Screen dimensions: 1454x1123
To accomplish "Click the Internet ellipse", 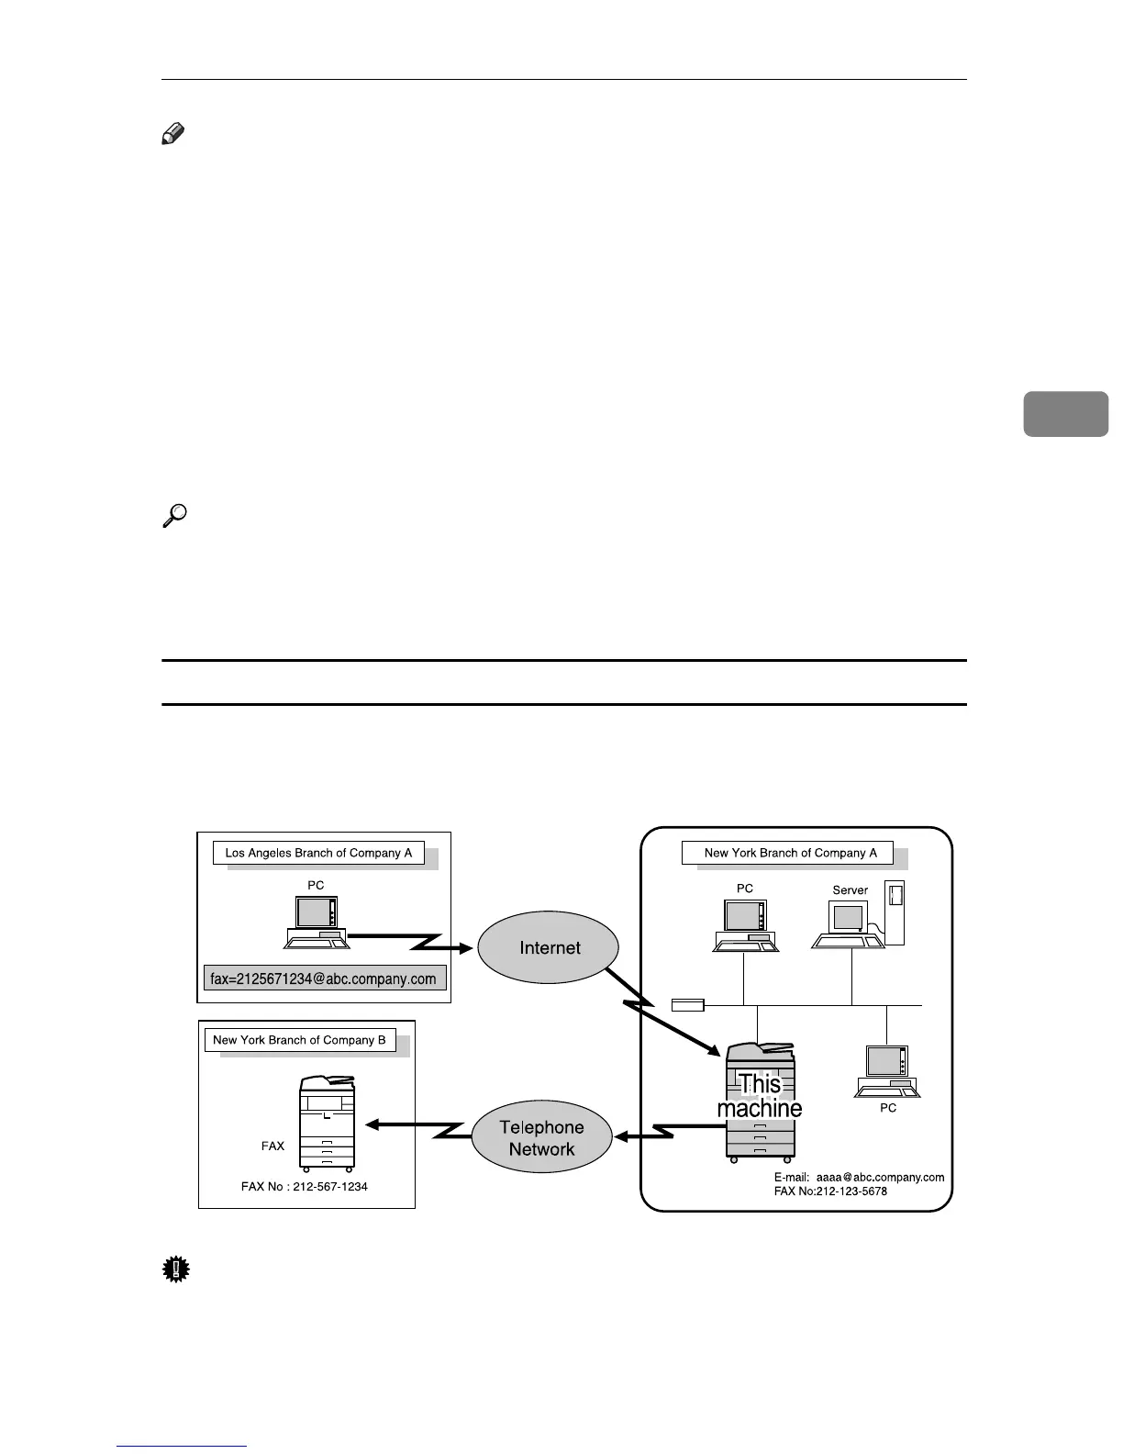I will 550,948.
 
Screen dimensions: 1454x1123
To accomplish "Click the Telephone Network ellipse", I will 541,1138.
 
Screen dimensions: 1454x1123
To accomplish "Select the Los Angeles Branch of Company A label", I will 318,853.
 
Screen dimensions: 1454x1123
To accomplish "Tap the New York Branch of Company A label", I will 790,853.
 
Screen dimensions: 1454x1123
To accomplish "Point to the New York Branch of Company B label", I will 299,1040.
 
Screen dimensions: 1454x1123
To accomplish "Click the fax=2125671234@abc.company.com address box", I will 324,979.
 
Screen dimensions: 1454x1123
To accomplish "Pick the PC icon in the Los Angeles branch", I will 316,922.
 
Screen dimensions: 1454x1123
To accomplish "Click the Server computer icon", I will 858,918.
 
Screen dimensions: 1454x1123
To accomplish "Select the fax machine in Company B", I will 327,1122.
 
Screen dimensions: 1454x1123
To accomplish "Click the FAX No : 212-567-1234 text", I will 305,1187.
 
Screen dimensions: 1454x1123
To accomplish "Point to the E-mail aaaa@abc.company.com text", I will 859,1177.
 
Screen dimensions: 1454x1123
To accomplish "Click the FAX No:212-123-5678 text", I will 830,1191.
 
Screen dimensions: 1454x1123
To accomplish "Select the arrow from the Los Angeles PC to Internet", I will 413,941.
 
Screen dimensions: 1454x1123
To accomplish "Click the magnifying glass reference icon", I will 174,516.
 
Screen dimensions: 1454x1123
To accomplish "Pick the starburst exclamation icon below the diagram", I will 174,1269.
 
